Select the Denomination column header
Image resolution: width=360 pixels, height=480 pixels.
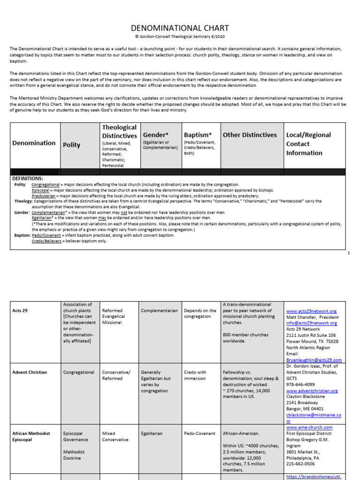tap(34, 143)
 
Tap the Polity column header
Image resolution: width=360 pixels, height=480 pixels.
tap(72, 145)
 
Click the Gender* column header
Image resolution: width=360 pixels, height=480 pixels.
tap(155, 135)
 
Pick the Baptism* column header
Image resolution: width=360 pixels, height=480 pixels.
tap(198, 135)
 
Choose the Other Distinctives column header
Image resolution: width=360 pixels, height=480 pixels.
tap(250, 135)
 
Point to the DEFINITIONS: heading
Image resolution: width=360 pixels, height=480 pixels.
tap(27, 179)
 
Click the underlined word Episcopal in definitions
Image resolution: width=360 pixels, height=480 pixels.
tap(41, 190)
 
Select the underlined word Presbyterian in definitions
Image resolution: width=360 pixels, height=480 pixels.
tap(45, 196)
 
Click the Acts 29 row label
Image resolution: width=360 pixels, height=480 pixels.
tap(21, 311)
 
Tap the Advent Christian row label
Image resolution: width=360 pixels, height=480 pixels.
tap(30, 372)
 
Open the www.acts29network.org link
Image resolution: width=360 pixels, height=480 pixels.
tap(311, 311)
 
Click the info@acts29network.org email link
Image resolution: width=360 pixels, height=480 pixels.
tap(312, 323)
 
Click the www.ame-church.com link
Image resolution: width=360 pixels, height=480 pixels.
tap(309, 427)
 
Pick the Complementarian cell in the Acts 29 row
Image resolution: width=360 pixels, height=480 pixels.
tap(159, 311)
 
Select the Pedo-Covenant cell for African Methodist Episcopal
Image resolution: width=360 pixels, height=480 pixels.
tap(200, 434)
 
